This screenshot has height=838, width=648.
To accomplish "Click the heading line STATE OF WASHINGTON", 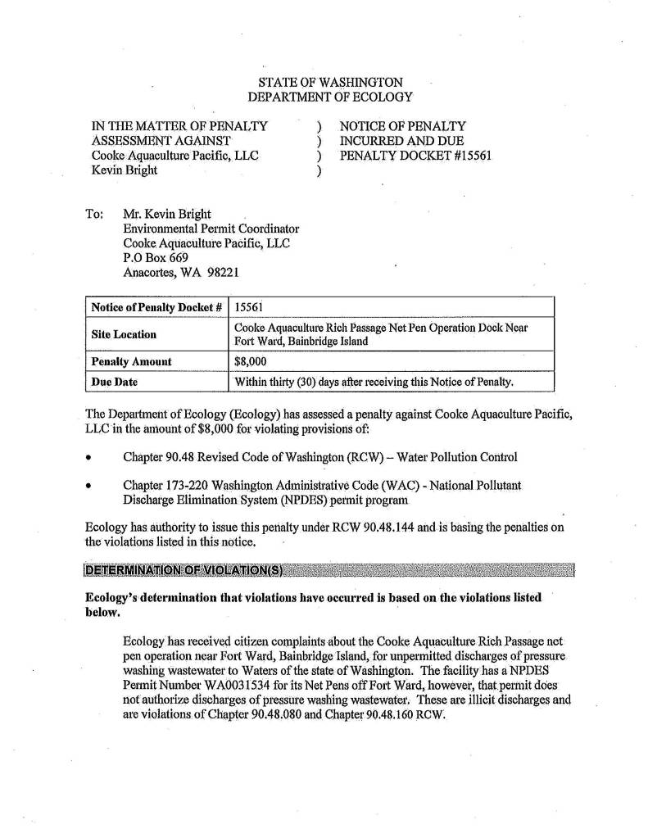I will pyautogui.click(x=329, y=83).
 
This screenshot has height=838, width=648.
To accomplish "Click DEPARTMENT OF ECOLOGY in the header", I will pyautogui.click(x=329, y=97).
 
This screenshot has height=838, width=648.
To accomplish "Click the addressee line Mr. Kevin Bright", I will pyautogui.click(x=167, y=214).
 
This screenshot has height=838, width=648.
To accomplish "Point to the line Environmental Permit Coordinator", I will pyautogui.click(x=211, y=229).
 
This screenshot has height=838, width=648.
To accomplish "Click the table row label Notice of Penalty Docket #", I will pyautogui.click(x=156, y=306).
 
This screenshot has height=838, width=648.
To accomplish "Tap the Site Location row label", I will pyautogui.click(x=124, y=334).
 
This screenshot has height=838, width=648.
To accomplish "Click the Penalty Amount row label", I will pyautogui.click(x=131, y=361).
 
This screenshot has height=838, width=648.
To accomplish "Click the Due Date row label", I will pyautogui.click(x=114, y=382).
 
